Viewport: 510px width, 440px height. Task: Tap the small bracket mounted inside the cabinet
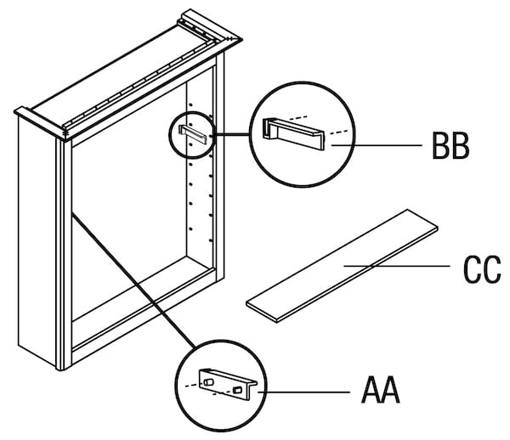(x=192, y=133)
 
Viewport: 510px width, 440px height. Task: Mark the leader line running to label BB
(x=374, y=146)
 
